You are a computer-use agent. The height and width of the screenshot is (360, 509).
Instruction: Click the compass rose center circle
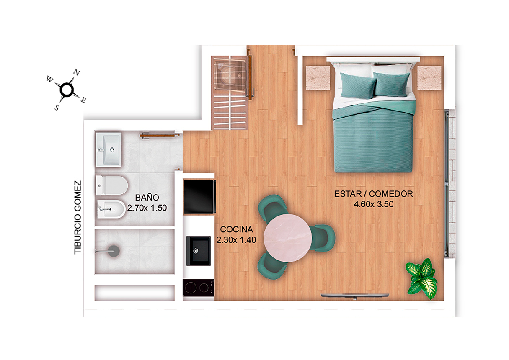tap(66, 90)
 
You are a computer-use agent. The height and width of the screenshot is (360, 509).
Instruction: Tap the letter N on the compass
tap(77, 73)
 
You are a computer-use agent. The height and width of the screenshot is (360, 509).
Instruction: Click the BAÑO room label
tap(147, 198)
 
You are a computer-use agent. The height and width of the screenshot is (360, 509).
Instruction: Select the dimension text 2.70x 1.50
tap(147, 208)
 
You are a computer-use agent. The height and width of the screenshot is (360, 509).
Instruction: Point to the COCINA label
tap(236, 229)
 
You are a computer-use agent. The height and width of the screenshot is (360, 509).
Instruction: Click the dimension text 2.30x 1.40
tap(236, 240)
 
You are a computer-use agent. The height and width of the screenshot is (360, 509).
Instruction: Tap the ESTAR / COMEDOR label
tap(374, 194)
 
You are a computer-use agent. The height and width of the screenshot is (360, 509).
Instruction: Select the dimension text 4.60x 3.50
tap(374, 204)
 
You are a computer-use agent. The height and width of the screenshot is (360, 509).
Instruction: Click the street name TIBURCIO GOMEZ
tap(78, 217)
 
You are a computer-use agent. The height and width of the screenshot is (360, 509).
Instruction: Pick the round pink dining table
tap(288, 238)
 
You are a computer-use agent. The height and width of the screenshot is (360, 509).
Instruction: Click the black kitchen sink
tap(199, 251)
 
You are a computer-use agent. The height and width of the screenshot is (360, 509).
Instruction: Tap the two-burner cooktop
tap(199, 288)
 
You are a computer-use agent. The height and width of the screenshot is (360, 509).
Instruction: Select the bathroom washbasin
tap(109, 150)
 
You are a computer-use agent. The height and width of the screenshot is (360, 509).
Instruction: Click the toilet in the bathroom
tap(111, 185)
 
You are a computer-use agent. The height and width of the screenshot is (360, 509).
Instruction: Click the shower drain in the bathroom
tap(114, 251)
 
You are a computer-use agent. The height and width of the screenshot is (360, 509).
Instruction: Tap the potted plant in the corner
tap(421, 279)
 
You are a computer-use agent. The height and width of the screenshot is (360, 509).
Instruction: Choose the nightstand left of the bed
tap(318, 78)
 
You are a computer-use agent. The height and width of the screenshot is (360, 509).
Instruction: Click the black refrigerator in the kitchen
tap(199, 197)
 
